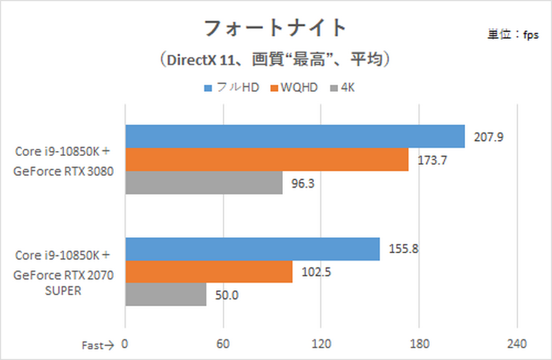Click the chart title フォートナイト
coord(275,28)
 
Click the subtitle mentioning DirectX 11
coord(276,60)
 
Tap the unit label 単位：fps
coord(513,36)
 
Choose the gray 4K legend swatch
coord(335,88)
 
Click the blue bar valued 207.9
coord(295,137)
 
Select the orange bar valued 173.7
coord(266,159)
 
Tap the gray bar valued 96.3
coord(204,182)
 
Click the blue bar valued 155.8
coord(252,250)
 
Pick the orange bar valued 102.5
coord(208,272)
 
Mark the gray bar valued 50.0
coord(166,294)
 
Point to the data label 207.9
coord(489,137)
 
